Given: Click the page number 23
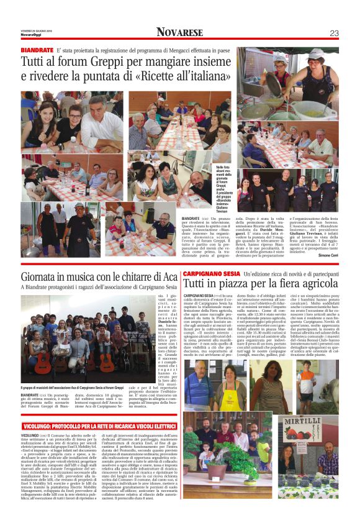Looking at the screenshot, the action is click(x=334, y=33).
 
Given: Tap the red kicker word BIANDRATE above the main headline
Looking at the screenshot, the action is click(x=37, y=49).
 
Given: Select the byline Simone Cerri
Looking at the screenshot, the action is click(x=324, y=255).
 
